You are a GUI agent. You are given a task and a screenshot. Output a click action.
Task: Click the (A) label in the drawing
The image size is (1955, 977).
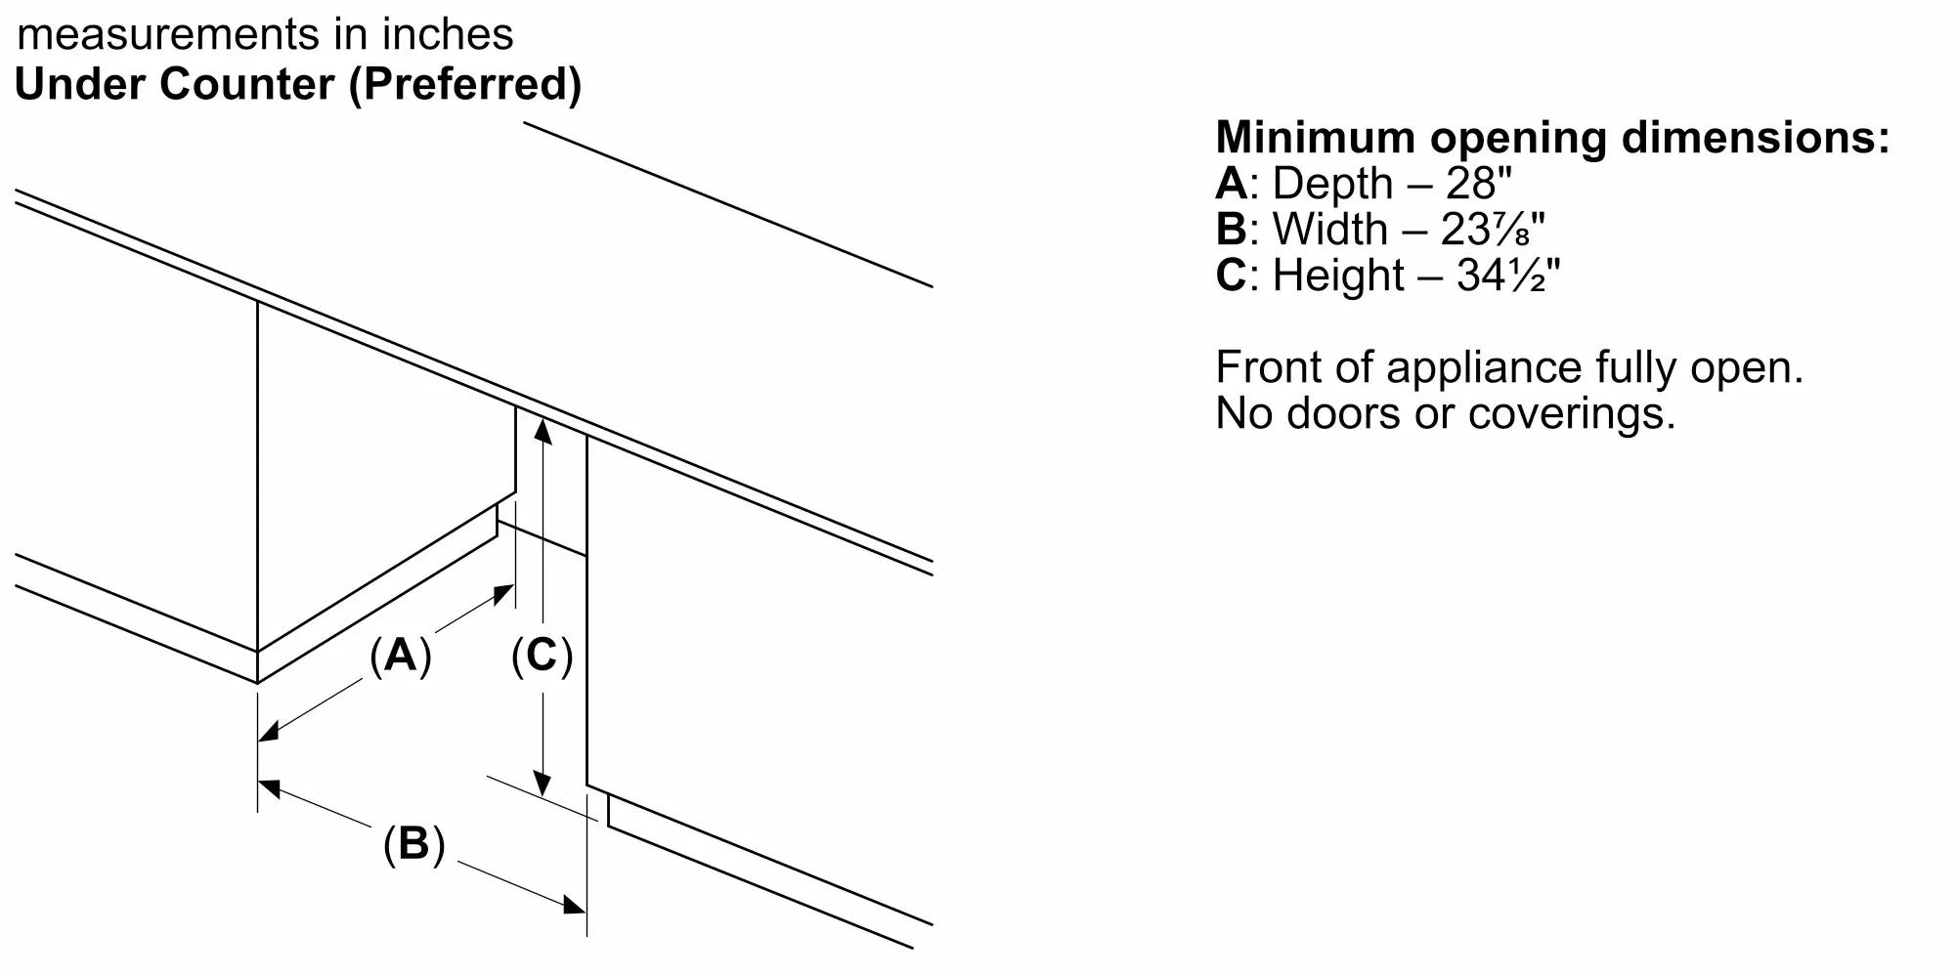click(401, 655)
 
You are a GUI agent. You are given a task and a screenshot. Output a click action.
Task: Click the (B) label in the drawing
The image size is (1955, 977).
click(413, 843)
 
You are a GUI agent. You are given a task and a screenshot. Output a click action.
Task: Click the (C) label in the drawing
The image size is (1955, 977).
click(542, 655)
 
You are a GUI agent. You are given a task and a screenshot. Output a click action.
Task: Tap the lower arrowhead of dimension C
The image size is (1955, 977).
click(543, 783)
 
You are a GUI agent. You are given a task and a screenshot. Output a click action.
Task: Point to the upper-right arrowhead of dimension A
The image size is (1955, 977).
click(504, 591)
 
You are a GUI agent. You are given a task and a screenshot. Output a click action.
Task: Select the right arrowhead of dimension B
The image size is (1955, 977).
click(574, 906)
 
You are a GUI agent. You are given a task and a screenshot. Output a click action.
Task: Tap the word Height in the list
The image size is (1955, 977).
click(1337, 276)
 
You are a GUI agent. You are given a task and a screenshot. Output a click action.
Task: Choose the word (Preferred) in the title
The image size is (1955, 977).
click(465, 84)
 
